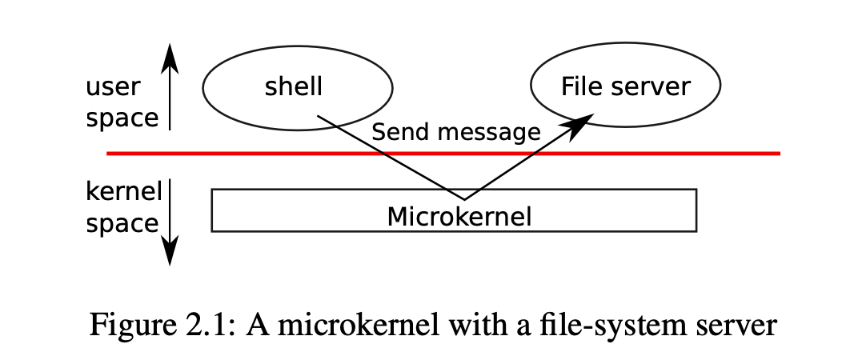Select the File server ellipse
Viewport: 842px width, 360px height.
pyautogui.click(x=626, y=86)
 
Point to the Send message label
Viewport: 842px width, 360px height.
pyautogui.click(x=456, y=132)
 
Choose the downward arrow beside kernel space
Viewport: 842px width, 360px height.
pyautogui.click(x=170, y=224)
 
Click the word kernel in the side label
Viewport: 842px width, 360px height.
pyautogui.click(x=123, y=193)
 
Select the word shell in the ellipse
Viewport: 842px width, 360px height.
pyautogui.click(x=293, y=86)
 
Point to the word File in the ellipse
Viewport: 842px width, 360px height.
pyautogui.click(x=578, y=86)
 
